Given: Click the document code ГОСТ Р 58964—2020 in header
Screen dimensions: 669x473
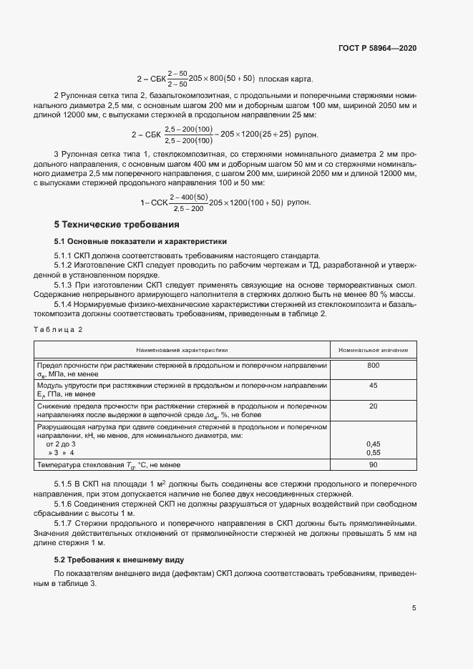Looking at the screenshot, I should click(377, 48).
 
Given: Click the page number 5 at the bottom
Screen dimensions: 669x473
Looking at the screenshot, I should click(414, 609).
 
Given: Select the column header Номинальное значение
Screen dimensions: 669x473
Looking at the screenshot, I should click(373, 350).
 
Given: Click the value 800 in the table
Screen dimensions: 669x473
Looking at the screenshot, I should click(373, 366).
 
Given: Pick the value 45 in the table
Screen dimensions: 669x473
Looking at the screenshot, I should click(373, 386).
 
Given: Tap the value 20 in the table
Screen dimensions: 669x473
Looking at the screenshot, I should click(373, 406).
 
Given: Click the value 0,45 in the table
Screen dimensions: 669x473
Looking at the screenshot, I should click(373, 444).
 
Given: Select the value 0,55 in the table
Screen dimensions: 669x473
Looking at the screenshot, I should click(373, 453).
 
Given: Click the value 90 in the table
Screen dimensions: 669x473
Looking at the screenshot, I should click(373, 466).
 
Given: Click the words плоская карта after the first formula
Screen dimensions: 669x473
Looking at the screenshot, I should click(286, 79).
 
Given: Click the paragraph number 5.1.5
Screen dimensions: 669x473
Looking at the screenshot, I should click(66, 484).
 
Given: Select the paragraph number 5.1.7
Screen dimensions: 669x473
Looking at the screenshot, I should click(66, 522).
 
